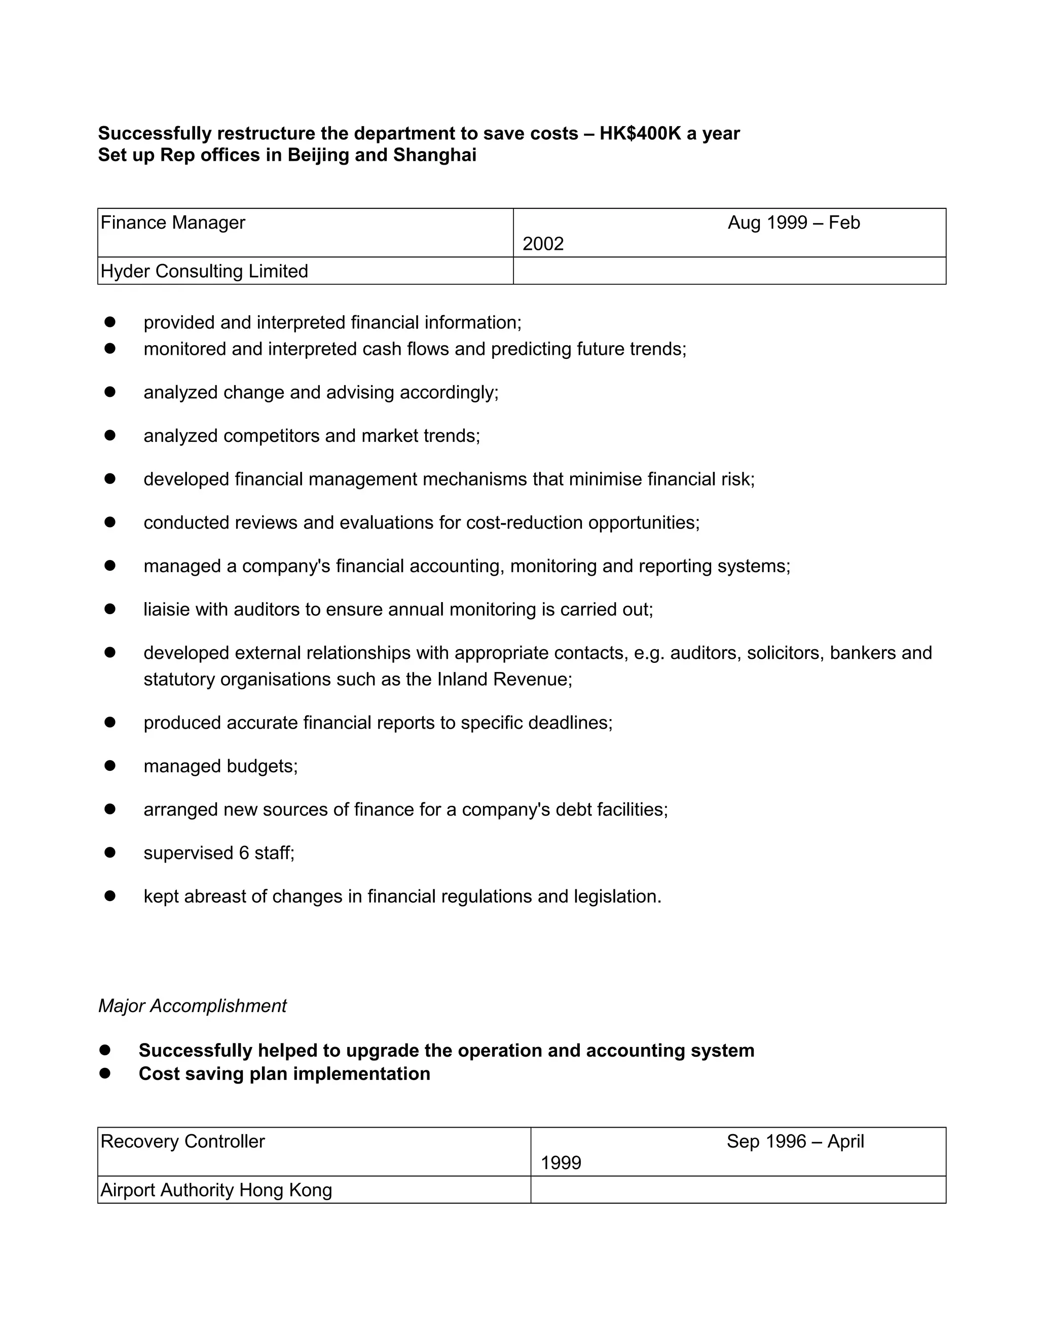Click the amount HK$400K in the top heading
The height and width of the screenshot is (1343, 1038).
coord(640,133)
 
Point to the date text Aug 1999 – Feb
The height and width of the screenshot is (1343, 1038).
coord(793,222)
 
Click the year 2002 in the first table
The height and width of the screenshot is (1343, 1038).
coord(543,244)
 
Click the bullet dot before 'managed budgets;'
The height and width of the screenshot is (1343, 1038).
coord(110,766)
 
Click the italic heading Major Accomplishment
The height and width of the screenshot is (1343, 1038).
coord(193,1006)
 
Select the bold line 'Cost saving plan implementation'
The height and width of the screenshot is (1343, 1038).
coord(284,1074)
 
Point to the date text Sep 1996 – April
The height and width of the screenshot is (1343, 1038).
coord(795,1141)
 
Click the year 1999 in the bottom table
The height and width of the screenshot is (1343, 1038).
coord(561,1163)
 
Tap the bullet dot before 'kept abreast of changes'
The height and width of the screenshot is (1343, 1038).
coord(110,897)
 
